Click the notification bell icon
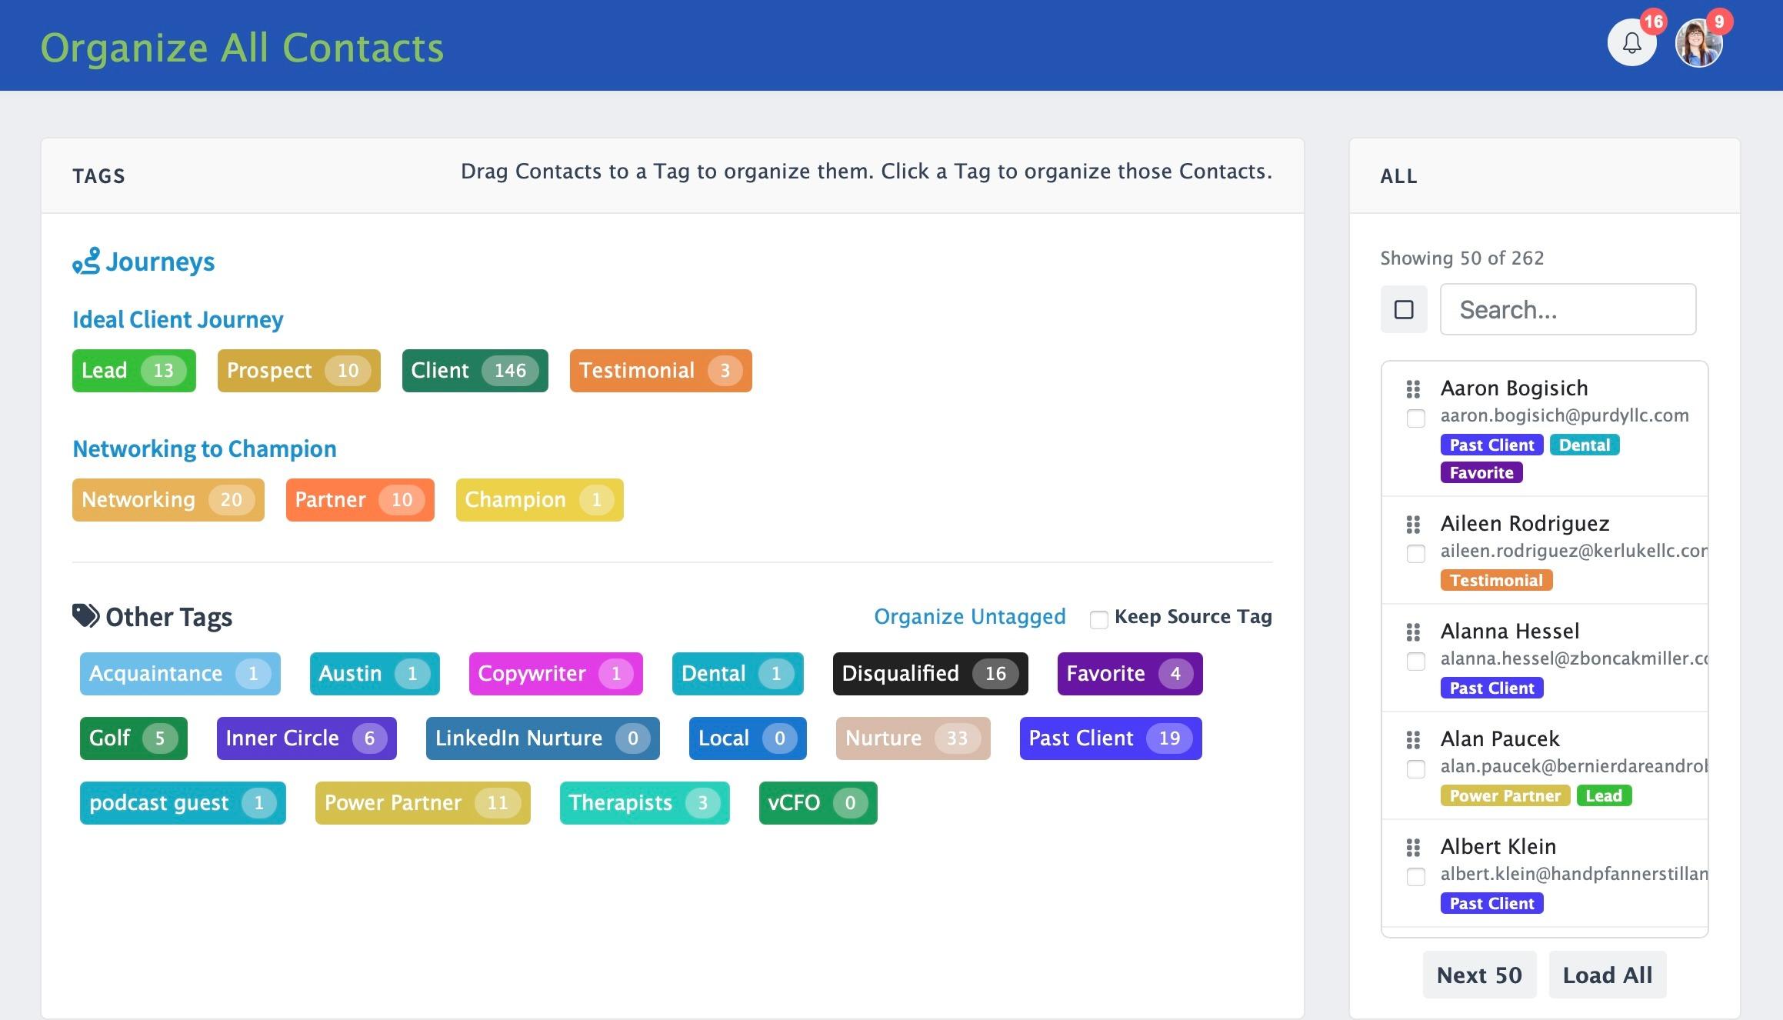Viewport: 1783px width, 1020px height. [x=1631, y=43]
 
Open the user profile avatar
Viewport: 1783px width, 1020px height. [x=1698, y=43]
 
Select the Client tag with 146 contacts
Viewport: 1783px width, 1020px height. [x=475, y=371]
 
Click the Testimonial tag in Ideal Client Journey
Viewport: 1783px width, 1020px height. [x=661, y=371]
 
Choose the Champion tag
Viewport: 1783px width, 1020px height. [x=539, y=500]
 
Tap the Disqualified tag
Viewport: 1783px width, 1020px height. [x=930, y=674]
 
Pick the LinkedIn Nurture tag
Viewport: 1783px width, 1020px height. [x=542, y=738]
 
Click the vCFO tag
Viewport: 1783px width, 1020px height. [x=818, y=803]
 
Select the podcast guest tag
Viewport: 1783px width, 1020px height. [x=182, y=803]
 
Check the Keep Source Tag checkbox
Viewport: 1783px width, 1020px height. [x=1098, y=619]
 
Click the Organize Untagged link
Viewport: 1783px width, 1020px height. [x=970, y=617]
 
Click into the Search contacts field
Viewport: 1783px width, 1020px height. [x=1568, y=309]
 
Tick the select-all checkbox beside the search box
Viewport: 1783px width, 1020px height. [x=1404, y=309]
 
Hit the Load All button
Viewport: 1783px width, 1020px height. [x=1608, y=975]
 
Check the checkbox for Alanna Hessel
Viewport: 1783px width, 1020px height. [x=1415, y=661]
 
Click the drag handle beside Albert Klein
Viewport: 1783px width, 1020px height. [x=1413, y=848]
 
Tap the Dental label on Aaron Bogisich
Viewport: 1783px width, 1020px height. [x=1585, y=445]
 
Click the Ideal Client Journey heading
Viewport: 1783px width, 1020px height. [x=178, y=319]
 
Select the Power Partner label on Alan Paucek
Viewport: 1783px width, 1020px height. [x=1505, y=796]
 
